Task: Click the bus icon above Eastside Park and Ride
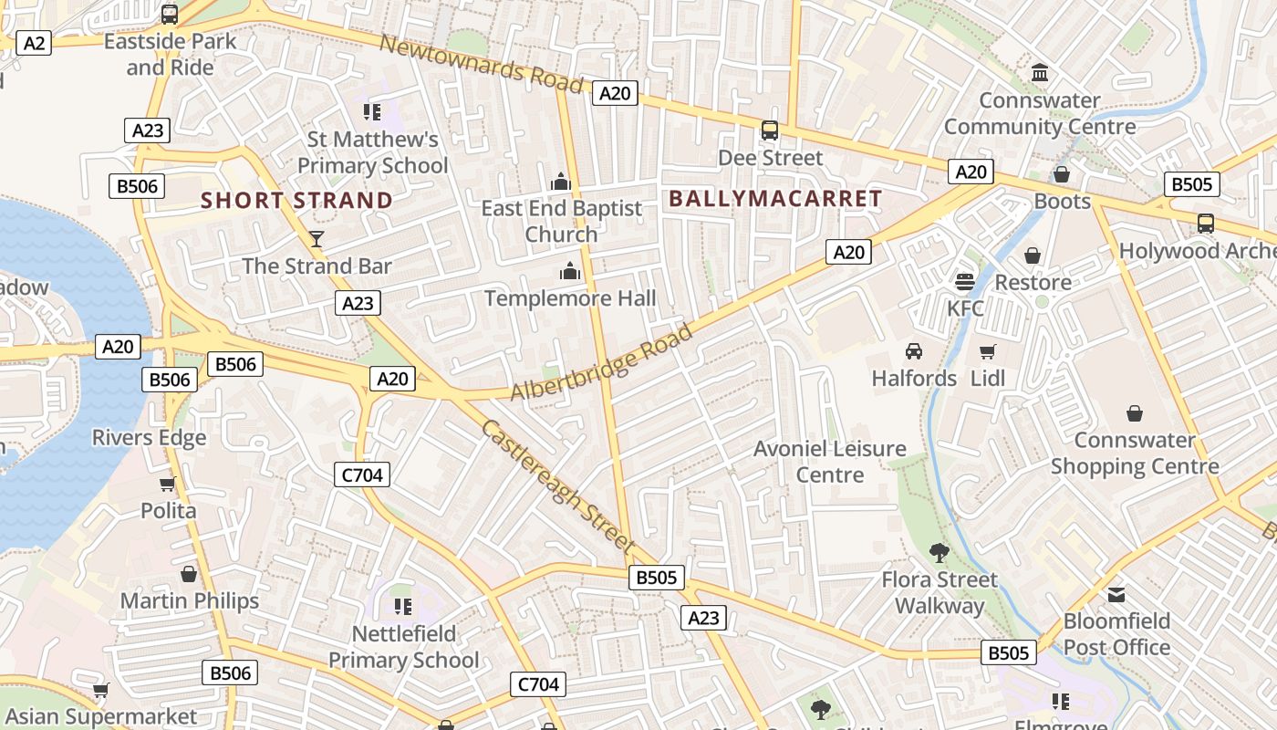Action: click(x=170, y=15)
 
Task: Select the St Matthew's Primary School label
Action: click(x=372, y=152)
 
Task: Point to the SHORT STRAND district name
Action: click(x=296, y=200)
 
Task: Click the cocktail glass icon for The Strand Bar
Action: click(x=317, y=239)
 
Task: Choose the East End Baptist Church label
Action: click(x=562, y=221)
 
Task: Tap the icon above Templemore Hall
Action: click(x=570, y=271)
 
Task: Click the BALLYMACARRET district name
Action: click(x=775, y=198)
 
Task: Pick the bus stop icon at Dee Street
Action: click(x=770, y=130)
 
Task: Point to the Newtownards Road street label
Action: click(x=481, y=63)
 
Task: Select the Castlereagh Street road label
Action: click(x=557, y=485)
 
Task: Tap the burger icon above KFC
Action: click(x=965, y=281)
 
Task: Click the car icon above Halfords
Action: click(x=914, y=351)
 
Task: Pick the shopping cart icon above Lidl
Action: click(x=987, y=351)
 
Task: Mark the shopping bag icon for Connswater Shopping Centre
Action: click(x=1135, y=413)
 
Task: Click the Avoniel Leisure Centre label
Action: click(x=830, y=462)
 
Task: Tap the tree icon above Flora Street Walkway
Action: click(x=939, y=552)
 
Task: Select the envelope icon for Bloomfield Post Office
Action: click(x=1116, y=595)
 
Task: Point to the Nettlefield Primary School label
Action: click(x=403, y=646)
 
